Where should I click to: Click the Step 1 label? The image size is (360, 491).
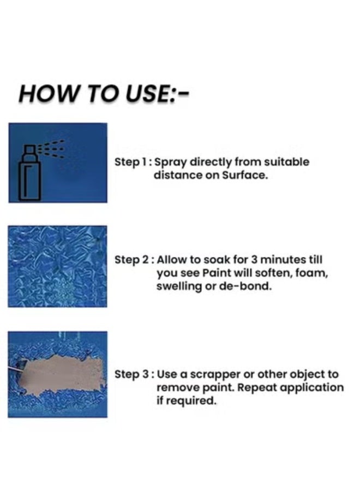[131, 162]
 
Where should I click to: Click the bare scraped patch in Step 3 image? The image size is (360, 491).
[60, 376]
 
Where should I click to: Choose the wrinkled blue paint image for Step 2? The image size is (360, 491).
[57, 267]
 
